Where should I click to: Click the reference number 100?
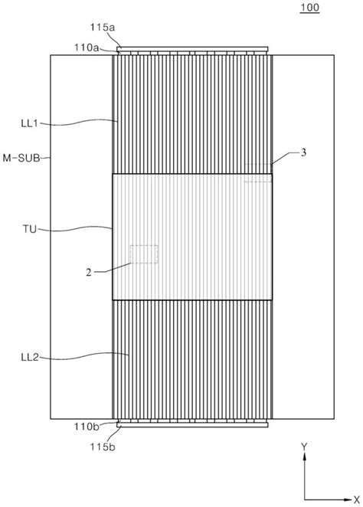click(309, 8)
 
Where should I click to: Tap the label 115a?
click(103, 27)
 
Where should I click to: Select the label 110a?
click(87, 47)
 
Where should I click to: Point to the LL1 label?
click(29, 123)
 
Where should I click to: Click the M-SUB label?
click(21, 158)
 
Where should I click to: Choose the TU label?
click(30, 229)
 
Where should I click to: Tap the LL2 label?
click(30, 358)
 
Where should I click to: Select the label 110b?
click(87, 427)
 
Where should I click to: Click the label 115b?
click(103, 446)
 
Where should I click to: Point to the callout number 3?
click(303, 152)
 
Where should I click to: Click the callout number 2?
click(89, 273)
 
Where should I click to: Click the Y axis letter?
click(304, 447)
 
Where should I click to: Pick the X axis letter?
click(357, 499)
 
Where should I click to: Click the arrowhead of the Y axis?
click(305, 456)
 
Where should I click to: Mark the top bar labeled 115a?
click(192, 49)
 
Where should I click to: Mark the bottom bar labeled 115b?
click(192, 425)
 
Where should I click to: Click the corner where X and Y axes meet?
click(305, 500)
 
